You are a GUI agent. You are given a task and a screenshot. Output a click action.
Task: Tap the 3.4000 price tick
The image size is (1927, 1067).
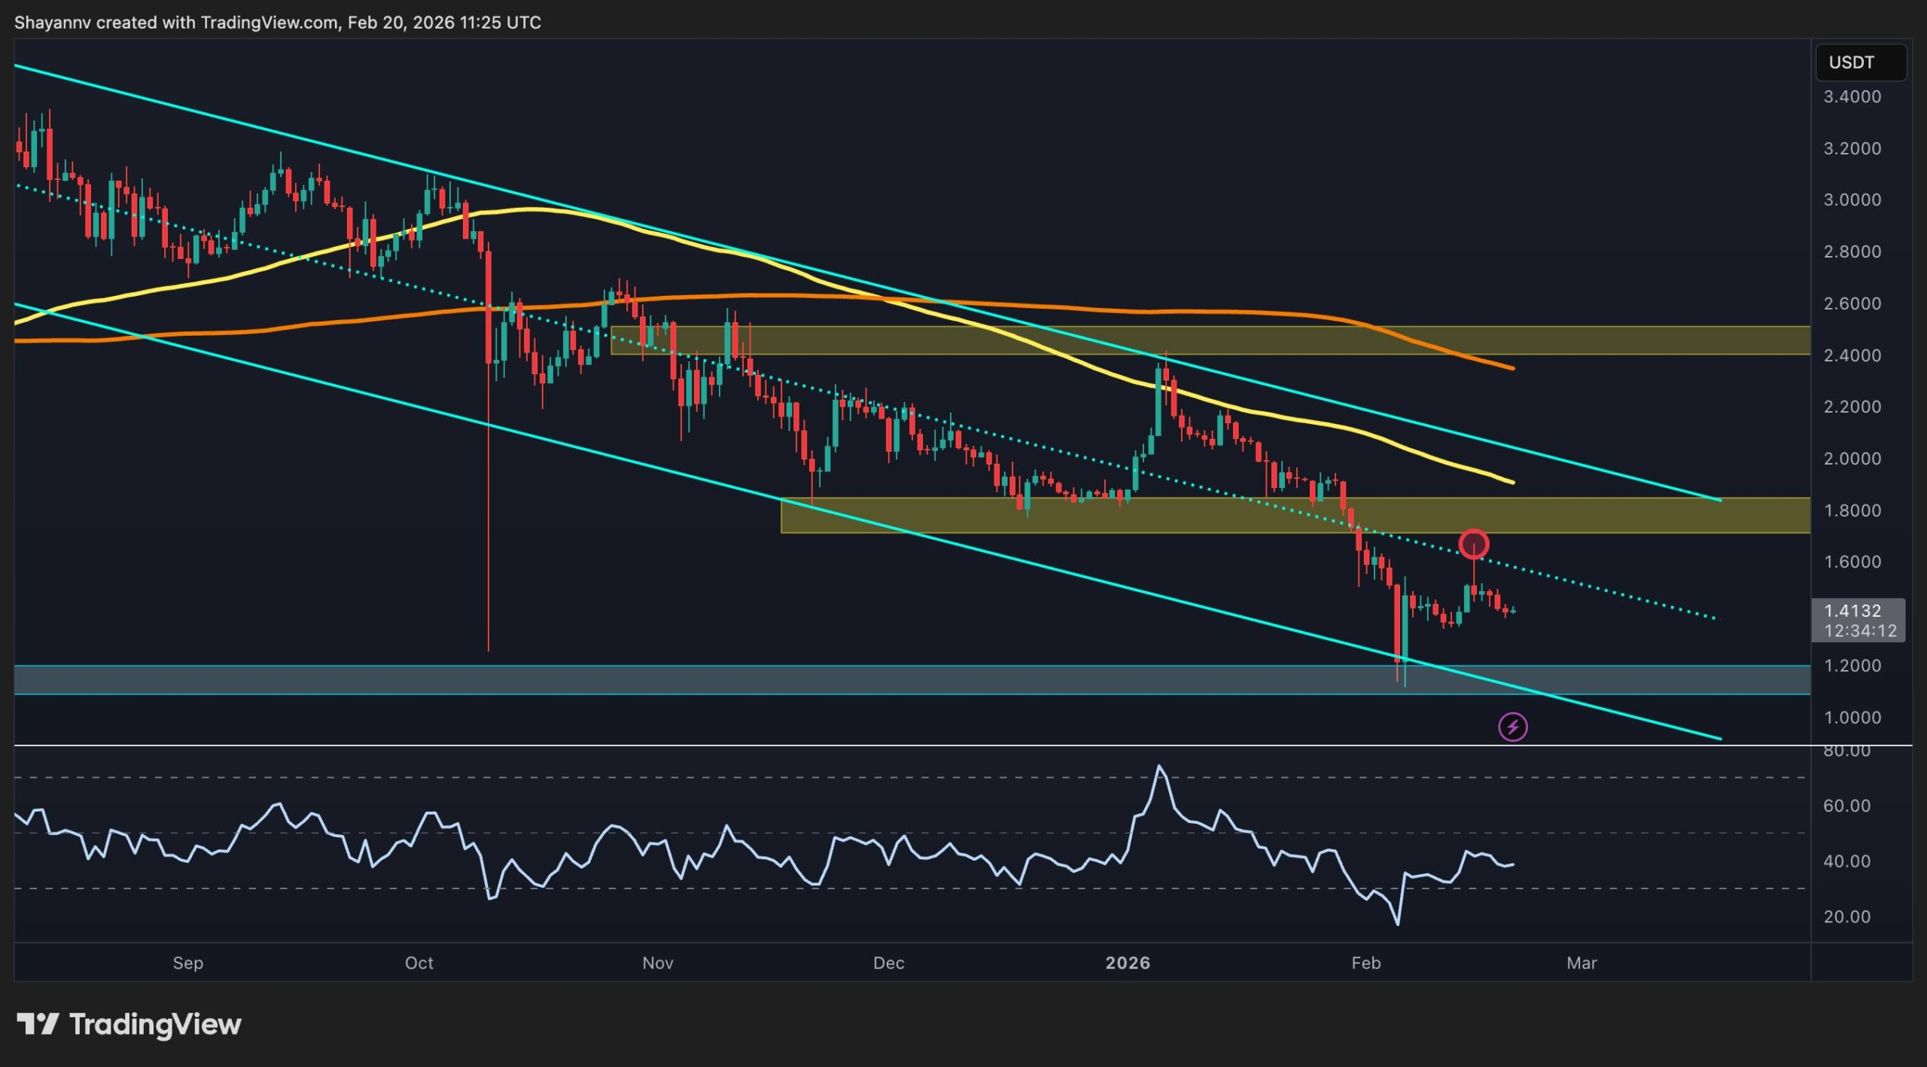point(1852,97)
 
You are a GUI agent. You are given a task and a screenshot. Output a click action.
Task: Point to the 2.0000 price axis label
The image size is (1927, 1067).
point(1852,459)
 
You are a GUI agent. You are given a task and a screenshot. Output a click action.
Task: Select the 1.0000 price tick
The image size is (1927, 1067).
point(1852,718)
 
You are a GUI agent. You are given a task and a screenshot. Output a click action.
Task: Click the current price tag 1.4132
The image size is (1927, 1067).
point(1852,611)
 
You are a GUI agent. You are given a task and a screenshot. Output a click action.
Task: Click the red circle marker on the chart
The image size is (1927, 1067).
point(1473,544)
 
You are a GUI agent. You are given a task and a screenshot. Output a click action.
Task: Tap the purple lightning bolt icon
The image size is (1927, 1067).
point(1512,727)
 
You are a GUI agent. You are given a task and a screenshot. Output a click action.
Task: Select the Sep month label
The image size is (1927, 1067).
point(188,963)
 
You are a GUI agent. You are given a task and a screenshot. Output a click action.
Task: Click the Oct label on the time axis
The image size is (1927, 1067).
point(419,963)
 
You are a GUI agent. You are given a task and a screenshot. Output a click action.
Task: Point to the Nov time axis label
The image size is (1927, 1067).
point(658,963)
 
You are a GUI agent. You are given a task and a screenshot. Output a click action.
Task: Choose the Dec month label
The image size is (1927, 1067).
point(888,963)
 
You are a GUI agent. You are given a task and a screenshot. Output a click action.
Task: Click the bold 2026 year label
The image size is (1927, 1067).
point(1128,963)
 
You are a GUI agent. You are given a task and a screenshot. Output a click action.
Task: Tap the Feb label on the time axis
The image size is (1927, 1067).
point(1366,963)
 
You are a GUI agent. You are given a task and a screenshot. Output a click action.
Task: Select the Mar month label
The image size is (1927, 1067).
point(1581,963)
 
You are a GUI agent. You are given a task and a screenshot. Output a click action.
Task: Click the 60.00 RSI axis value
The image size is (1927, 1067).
point(1846,806)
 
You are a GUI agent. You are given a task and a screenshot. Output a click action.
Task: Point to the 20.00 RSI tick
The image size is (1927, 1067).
point(1846,916)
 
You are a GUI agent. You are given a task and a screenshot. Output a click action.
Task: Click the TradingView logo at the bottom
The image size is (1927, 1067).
point(129,1024)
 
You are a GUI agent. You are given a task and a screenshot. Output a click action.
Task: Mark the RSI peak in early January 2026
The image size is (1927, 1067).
point(1159,767)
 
